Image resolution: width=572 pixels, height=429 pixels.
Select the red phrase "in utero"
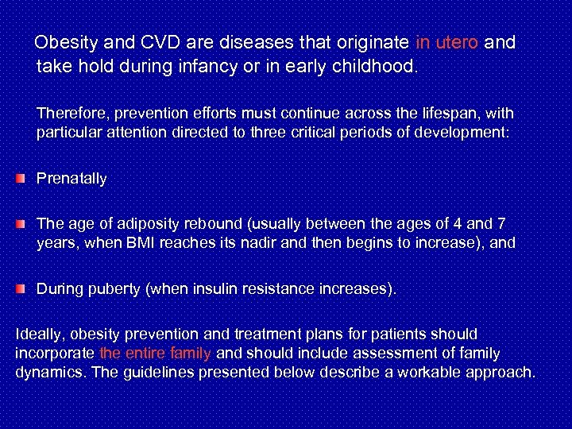click(x=446, y=42)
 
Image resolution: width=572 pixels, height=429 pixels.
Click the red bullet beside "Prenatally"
click(x=21, y=179)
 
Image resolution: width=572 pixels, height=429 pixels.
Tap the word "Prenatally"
click(x=71, y=179)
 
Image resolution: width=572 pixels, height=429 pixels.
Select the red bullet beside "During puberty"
click(x=21, y=290)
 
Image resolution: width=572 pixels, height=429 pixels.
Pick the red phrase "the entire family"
click(x=155, y=354)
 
